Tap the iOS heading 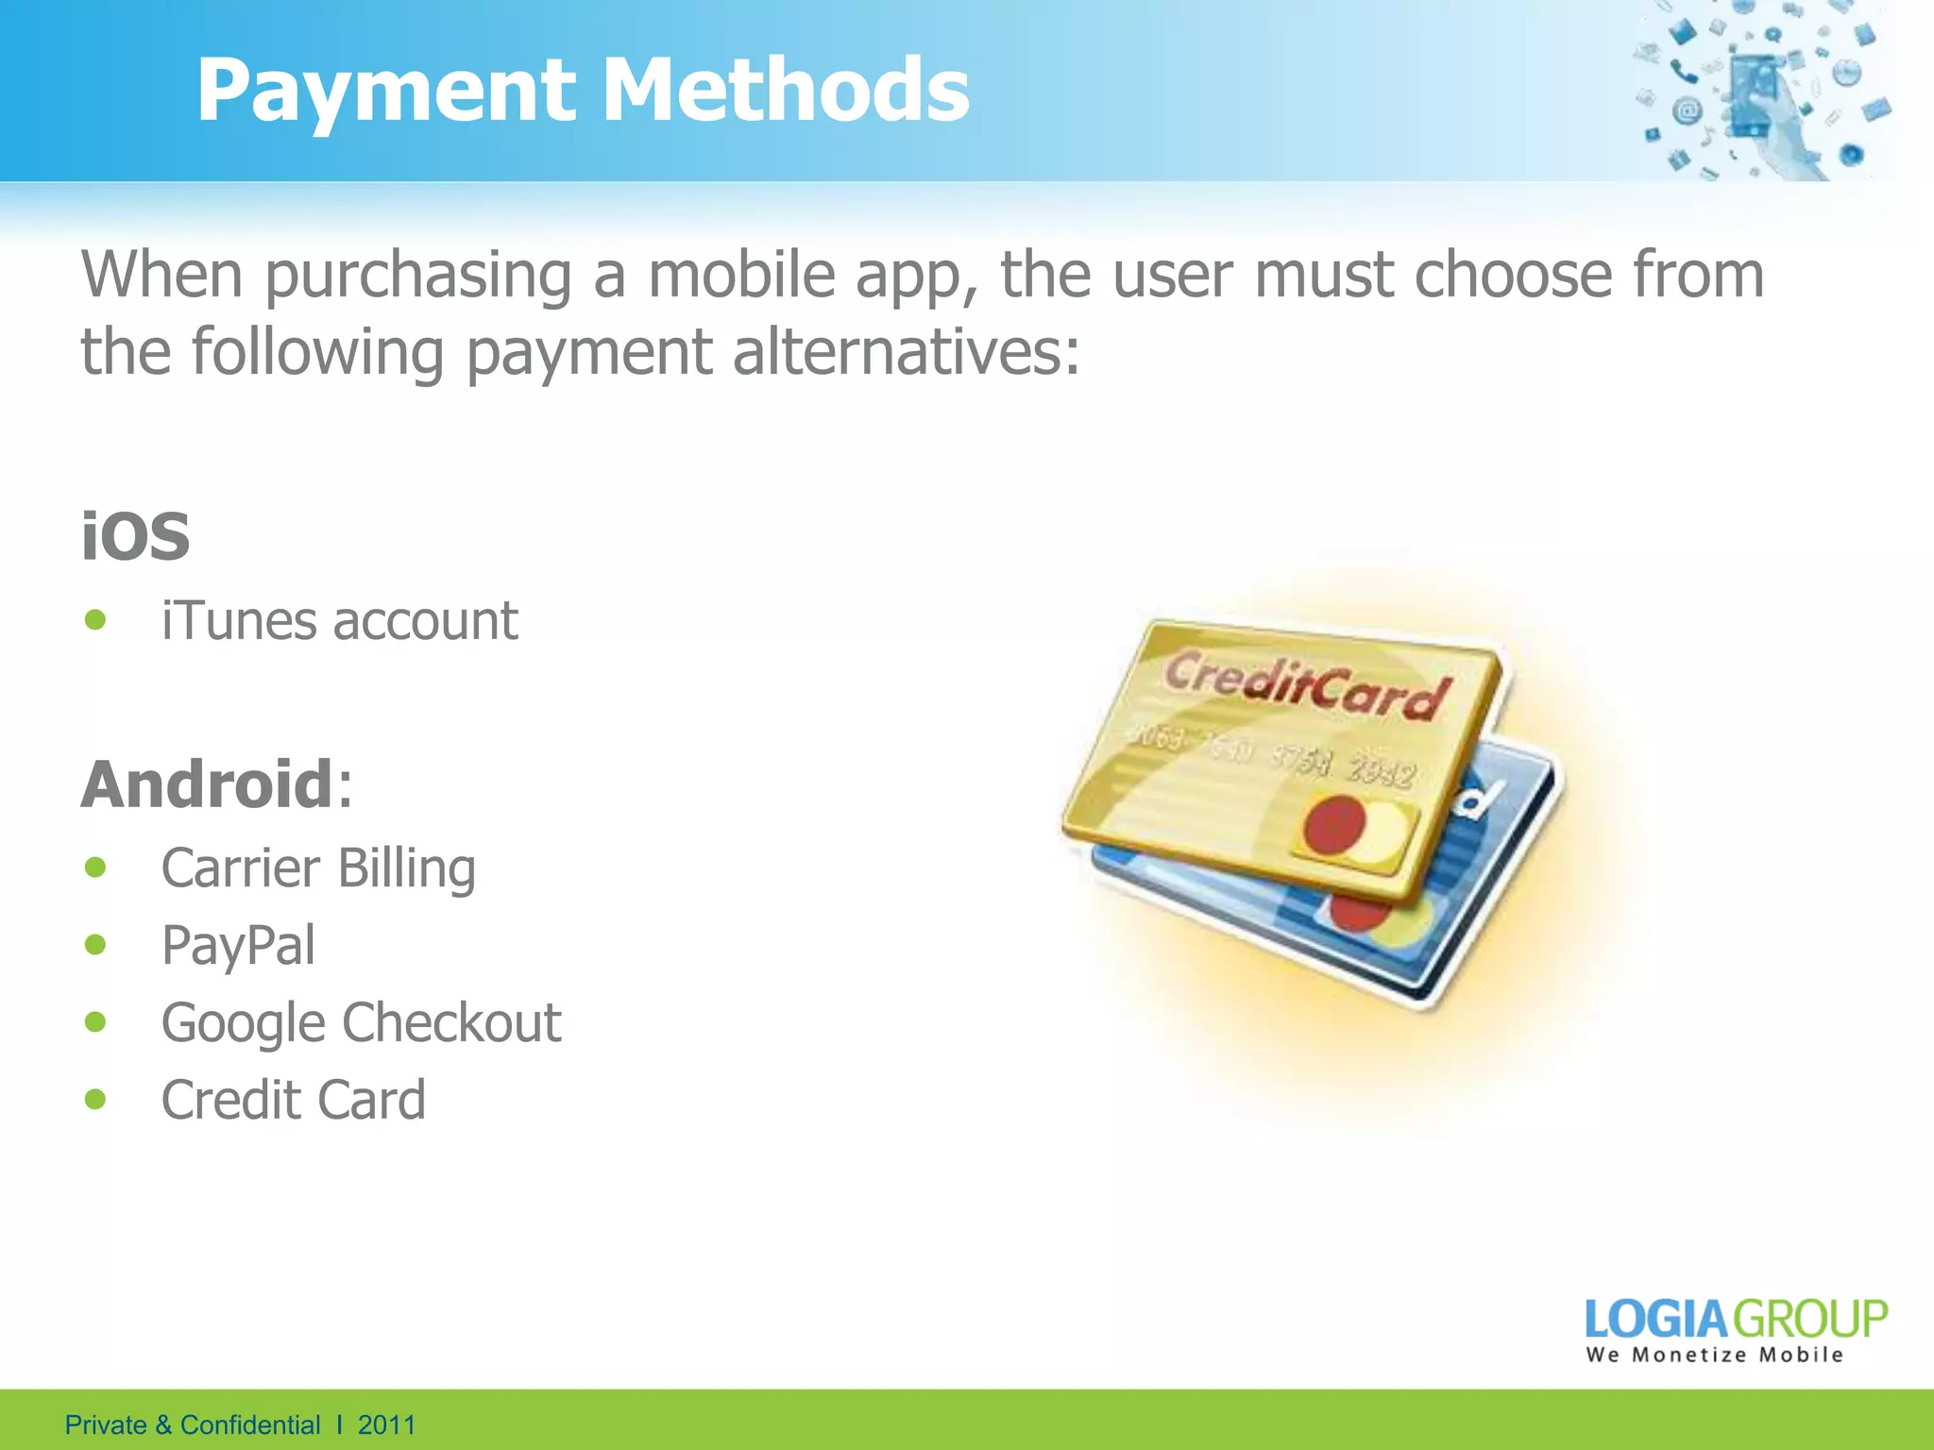pyautogui.click(x=135, y=536)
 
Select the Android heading pyautogui.click(x=206, y=784)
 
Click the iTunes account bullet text pyautogui.click(x=339, y=621)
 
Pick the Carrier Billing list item pyautogui.click(x=318, y=868)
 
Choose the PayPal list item pyautogui.click(x=238, y=945)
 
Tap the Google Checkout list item pyautogui.click(x=361, y=1022)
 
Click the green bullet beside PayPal pyautogui.click(x=95, y=944)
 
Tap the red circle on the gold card pyautogui.click(x=1334, y=823)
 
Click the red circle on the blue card pyautogui.click(x=1360, y=913)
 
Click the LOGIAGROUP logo pyautogui.click(x=1736, y=1319)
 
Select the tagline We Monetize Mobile pyautogui.click(x=1714, y=1356)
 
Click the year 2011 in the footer pyautogui.click(x=386, y=1425)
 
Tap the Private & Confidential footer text pyautogui.click(x=193, y=1425)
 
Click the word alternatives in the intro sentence pyautogui.click(x=906, y=352)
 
